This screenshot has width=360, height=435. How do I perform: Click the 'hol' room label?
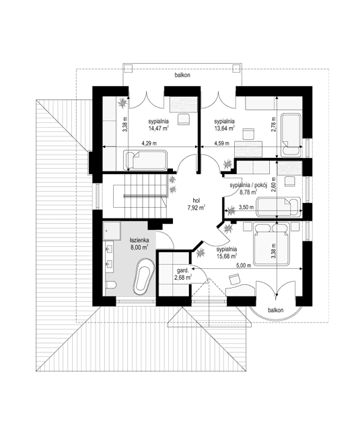(x=196, y=200)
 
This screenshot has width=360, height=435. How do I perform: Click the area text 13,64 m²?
(x=224, y=128)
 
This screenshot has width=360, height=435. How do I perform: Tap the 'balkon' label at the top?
(x=182, y=76)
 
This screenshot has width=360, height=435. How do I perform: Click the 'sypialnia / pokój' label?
(x=248, y=184)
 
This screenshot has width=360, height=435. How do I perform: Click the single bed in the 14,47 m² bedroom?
(x=144, y=159)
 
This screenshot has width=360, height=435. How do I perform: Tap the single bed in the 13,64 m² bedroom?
(x=291, y=132)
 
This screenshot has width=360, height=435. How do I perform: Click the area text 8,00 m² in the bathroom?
(x=140, y=247)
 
